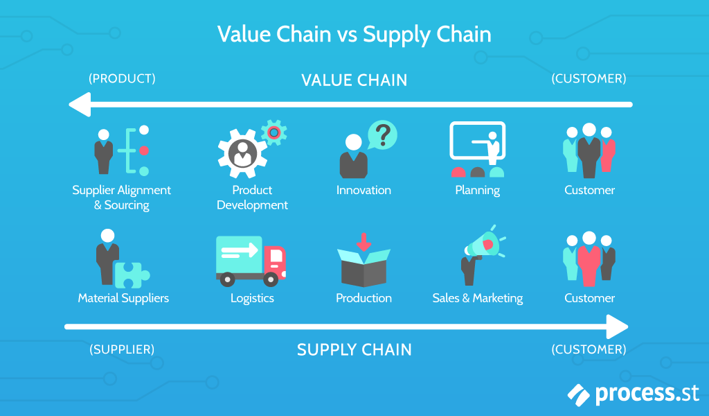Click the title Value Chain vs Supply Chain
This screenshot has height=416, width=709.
tap(354, 34)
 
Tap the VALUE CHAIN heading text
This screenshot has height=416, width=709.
tap(354, 80)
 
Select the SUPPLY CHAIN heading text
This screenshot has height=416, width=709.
tap(354, 349)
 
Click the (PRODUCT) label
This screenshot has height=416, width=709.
tap(122, 78)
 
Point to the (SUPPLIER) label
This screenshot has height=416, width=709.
tap(122, 349)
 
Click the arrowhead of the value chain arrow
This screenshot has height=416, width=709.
tap(80, 105)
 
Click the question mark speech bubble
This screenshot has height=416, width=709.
tap(382, 134)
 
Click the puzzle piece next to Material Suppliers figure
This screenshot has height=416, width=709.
tap(132, 275)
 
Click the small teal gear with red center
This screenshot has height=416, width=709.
tap(274, 132)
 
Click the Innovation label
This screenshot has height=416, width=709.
tap(364, 190)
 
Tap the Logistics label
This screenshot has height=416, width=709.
tap(252, 298)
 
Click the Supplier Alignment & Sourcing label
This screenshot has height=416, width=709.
tap(122, 198)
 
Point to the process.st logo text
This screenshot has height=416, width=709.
tap(647, 393)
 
